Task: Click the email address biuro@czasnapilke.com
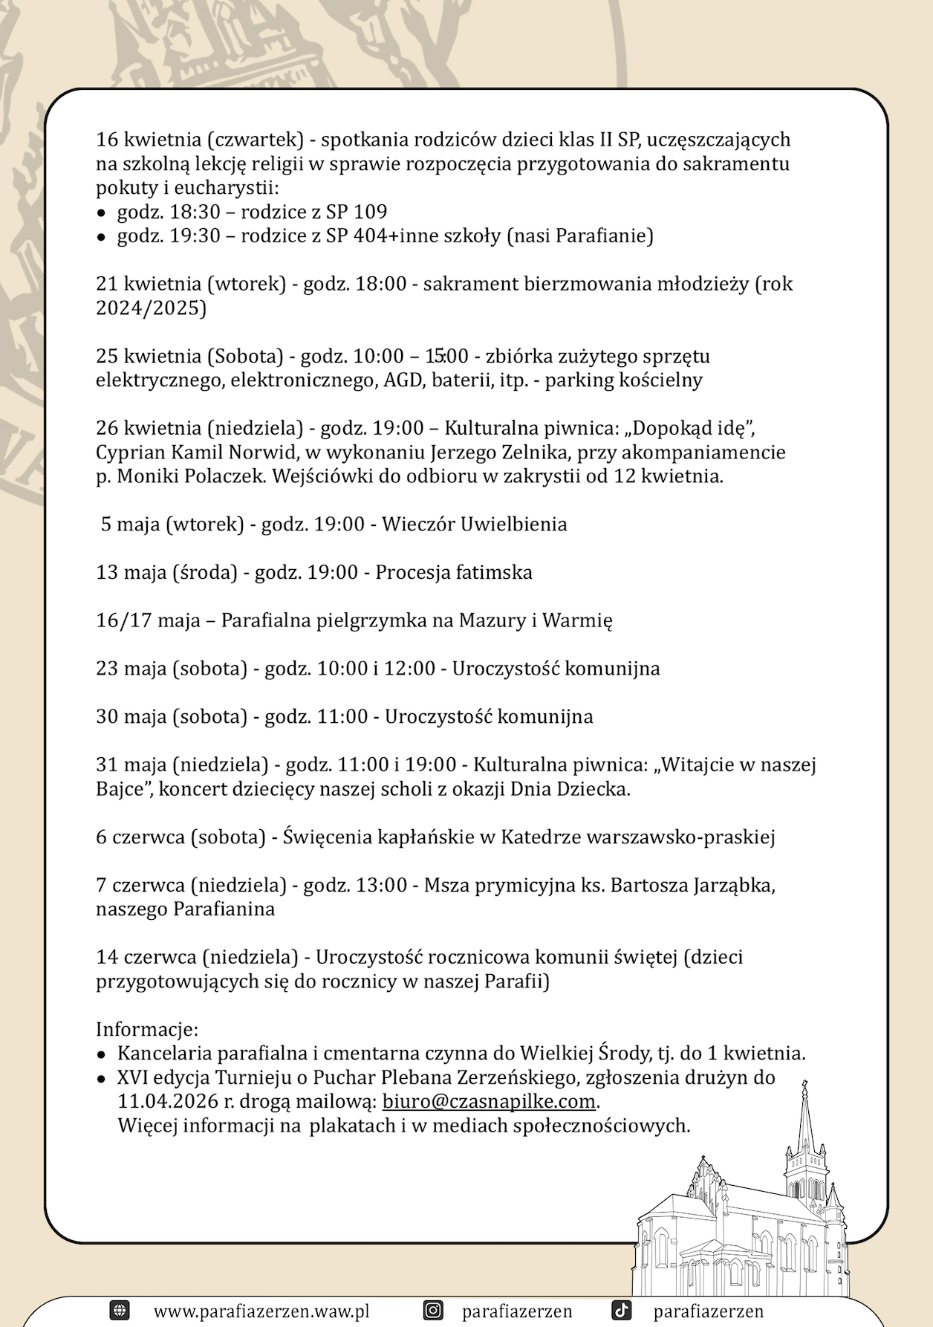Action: click(489, 1101)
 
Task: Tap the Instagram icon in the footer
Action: click(433, 1311)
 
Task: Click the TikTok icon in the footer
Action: click(622, 1311)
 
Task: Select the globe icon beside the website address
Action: click(120, 1311)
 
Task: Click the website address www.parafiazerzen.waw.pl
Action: click(261, 1311)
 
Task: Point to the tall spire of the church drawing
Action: click(804, 1122)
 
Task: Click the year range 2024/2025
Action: click(151, 308)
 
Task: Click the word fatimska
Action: click(492, 573)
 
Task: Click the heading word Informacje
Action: click(147, 1030)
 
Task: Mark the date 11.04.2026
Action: click(168, 1101)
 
